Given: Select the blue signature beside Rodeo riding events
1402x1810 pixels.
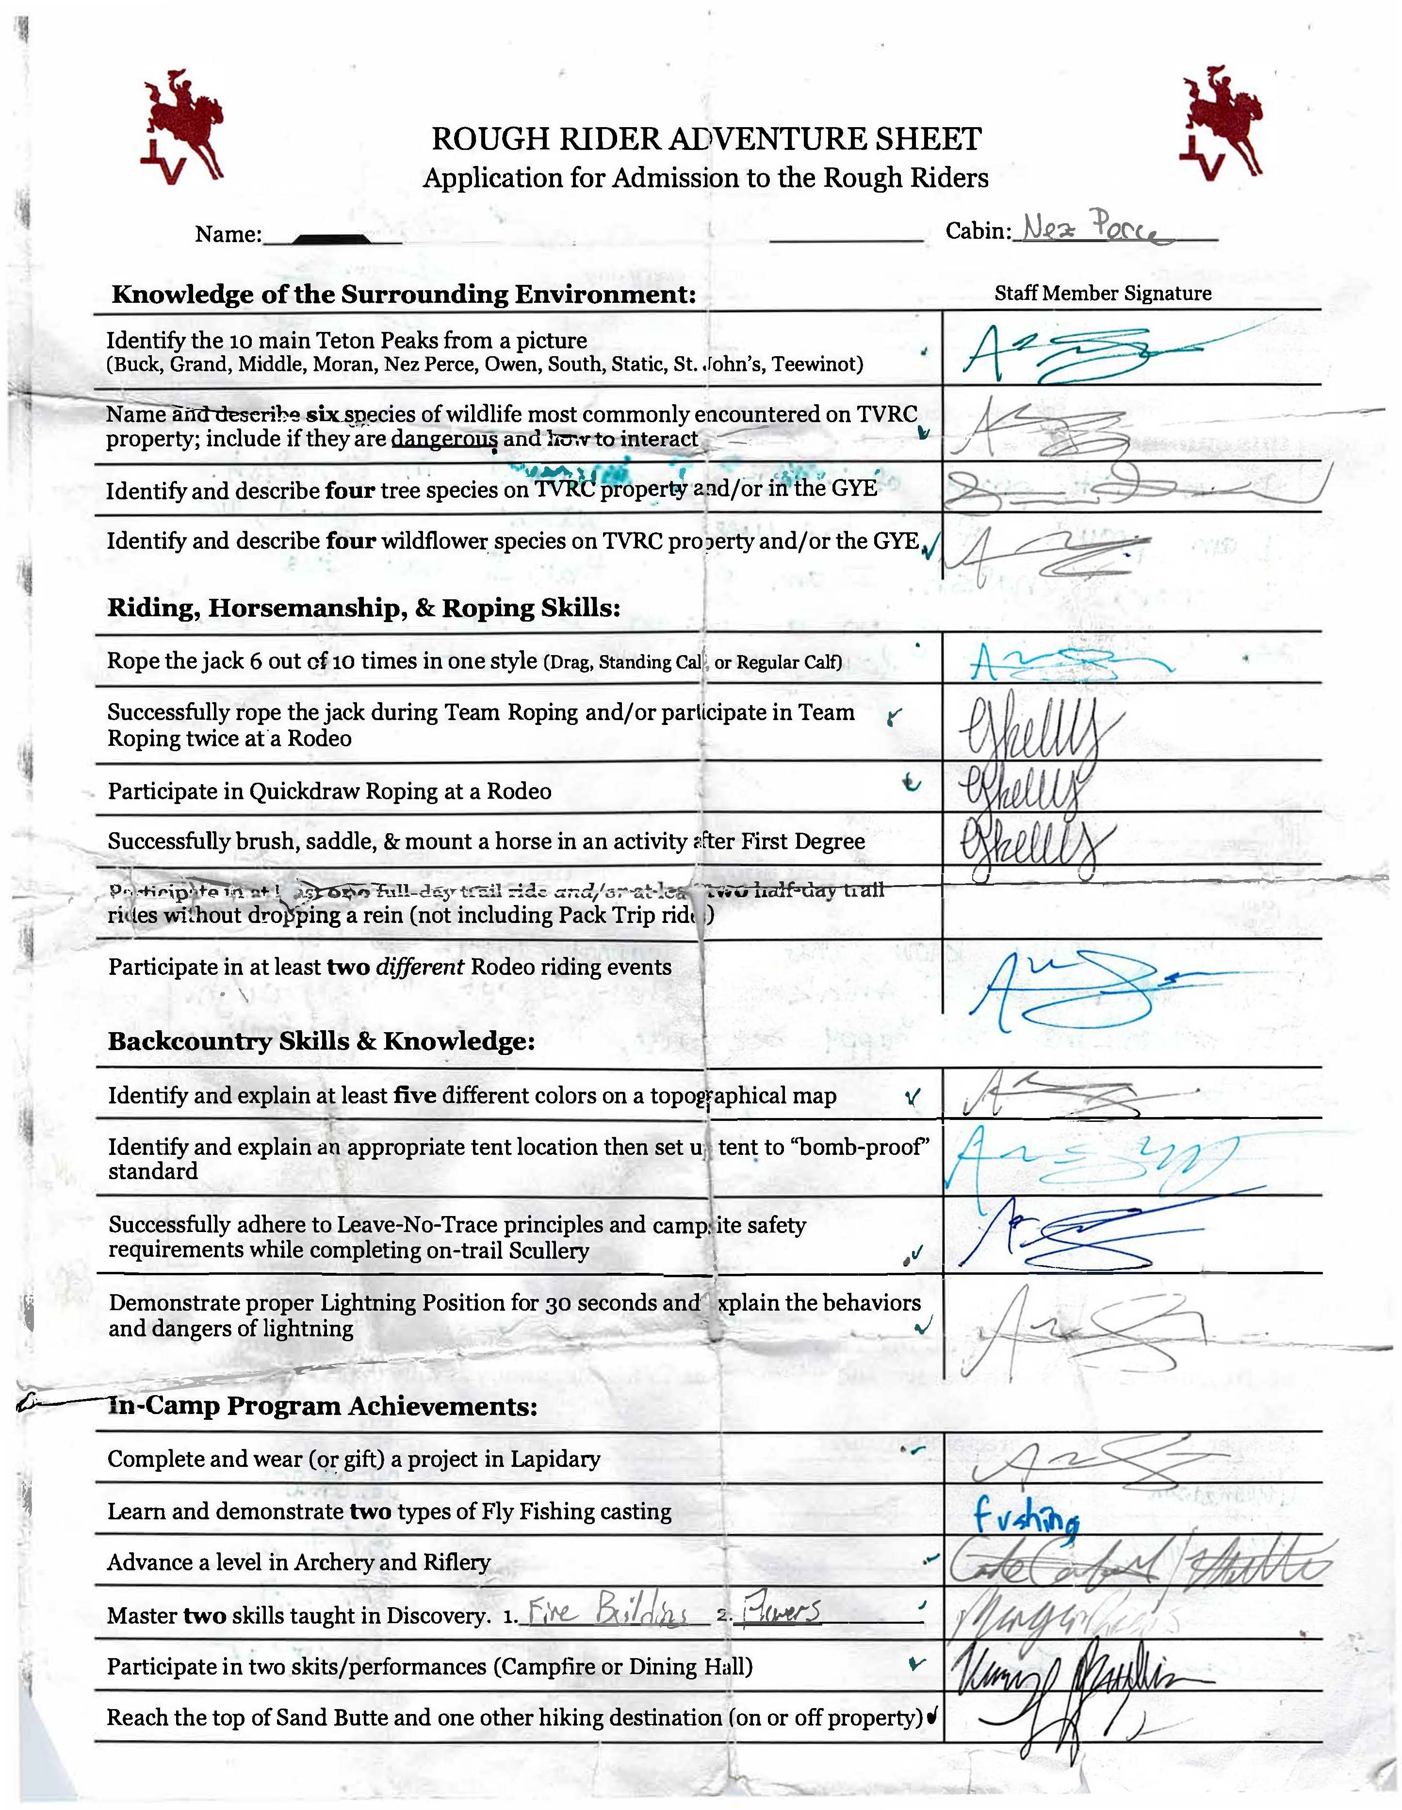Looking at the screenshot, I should pos(1077,986).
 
